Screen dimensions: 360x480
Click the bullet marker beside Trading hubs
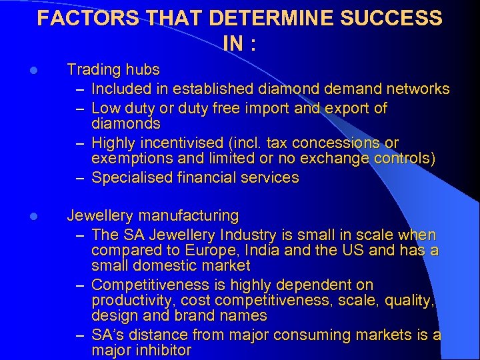click(41, 70)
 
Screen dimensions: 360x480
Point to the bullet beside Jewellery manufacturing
click(41, 216)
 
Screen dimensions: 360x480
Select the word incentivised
click(176, 143)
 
